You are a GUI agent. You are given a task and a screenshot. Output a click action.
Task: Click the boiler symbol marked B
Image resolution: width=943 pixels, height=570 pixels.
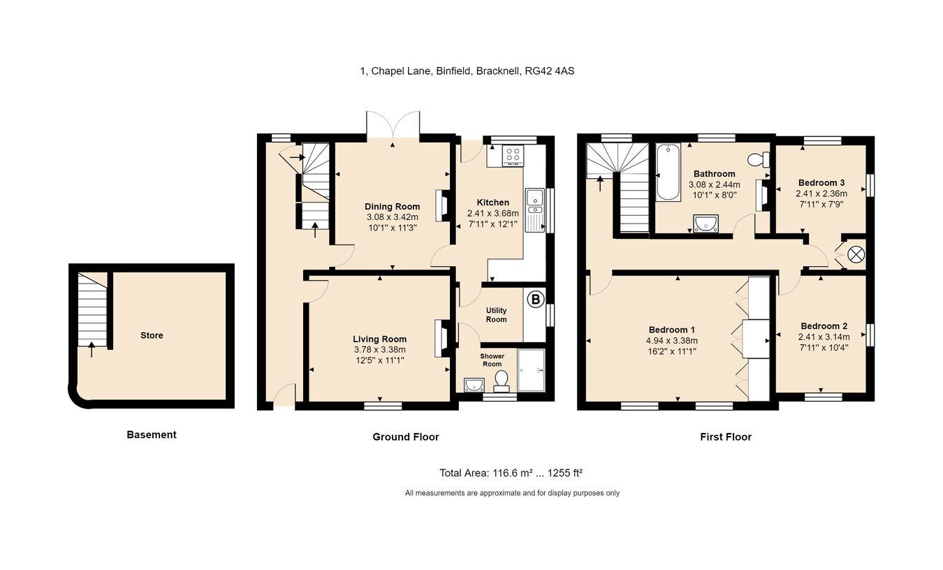click(536, 300)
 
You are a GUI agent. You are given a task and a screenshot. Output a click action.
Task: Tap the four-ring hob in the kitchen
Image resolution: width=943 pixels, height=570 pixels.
click(513, 156)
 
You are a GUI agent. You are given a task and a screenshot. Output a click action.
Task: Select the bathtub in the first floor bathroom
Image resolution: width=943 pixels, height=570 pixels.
click(668, 172)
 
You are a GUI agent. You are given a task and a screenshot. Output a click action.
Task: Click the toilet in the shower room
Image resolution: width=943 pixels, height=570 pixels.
click(501, 381)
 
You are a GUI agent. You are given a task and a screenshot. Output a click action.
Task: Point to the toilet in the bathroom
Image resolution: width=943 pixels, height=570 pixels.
click(759, 159)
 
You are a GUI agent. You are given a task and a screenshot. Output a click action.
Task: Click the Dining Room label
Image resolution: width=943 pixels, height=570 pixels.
click(392, 207)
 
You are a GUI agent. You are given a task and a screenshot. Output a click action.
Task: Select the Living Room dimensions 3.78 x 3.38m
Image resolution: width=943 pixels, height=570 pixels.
click(380, 350)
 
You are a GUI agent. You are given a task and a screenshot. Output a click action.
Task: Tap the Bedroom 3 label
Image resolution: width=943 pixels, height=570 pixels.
click(821, 183)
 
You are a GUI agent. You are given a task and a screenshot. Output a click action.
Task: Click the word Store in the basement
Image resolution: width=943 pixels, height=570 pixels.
click(152, 335)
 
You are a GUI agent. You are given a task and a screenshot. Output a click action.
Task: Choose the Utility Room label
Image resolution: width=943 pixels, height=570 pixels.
click(497, 315)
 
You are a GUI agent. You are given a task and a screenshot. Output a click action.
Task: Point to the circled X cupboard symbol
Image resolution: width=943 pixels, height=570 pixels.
click(856, 255)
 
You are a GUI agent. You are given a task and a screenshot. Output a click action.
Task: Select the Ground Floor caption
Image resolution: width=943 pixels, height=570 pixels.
click(406, 437)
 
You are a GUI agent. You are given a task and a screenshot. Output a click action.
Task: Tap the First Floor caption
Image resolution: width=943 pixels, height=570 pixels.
click(726, 437)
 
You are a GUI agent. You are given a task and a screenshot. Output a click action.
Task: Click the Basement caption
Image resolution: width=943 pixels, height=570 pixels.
click(152, 435)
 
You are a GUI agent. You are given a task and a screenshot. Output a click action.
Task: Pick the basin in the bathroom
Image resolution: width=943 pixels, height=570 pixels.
click(706, 224)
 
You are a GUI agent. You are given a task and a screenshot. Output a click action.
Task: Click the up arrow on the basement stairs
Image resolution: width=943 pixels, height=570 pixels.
click(92, 349)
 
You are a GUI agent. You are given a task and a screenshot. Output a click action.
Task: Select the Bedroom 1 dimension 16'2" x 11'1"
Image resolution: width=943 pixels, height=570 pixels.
click(672, 351)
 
